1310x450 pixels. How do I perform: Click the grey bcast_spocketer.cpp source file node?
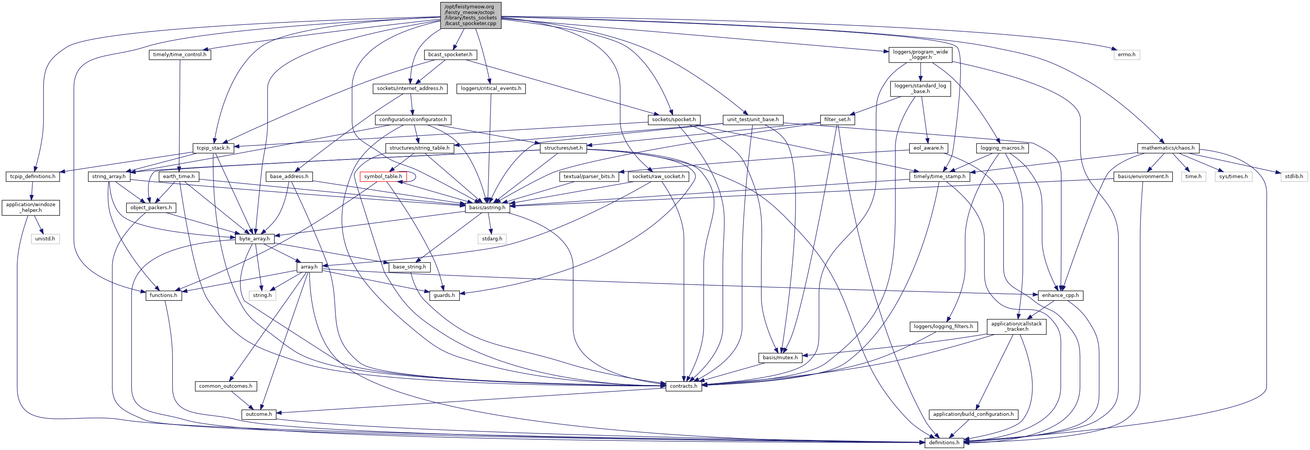[470, 15]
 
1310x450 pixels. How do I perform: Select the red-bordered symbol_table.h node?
[383, 177]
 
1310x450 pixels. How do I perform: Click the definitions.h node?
[944, 442]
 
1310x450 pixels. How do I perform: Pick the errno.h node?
[1126, 54]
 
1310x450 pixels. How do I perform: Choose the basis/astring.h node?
[487, 208]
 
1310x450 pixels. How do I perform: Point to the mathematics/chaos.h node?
[1168, 148]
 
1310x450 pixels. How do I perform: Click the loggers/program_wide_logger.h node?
[920, 54]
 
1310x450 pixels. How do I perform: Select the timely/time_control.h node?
[180, 54]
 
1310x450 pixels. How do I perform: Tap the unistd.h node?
[45, 239]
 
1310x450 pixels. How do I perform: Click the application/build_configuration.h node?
[973, 414]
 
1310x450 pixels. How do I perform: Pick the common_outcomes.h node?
[225, 386]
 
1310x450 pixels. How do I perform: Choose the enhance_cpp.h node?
[1060, 295]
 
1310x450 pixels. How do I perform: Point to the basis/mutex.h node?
[781, 357]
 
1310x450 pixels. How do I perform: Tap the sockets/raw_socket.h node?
[659, 177]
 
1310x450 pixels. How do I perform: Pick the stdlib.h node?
[1294, 177]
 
